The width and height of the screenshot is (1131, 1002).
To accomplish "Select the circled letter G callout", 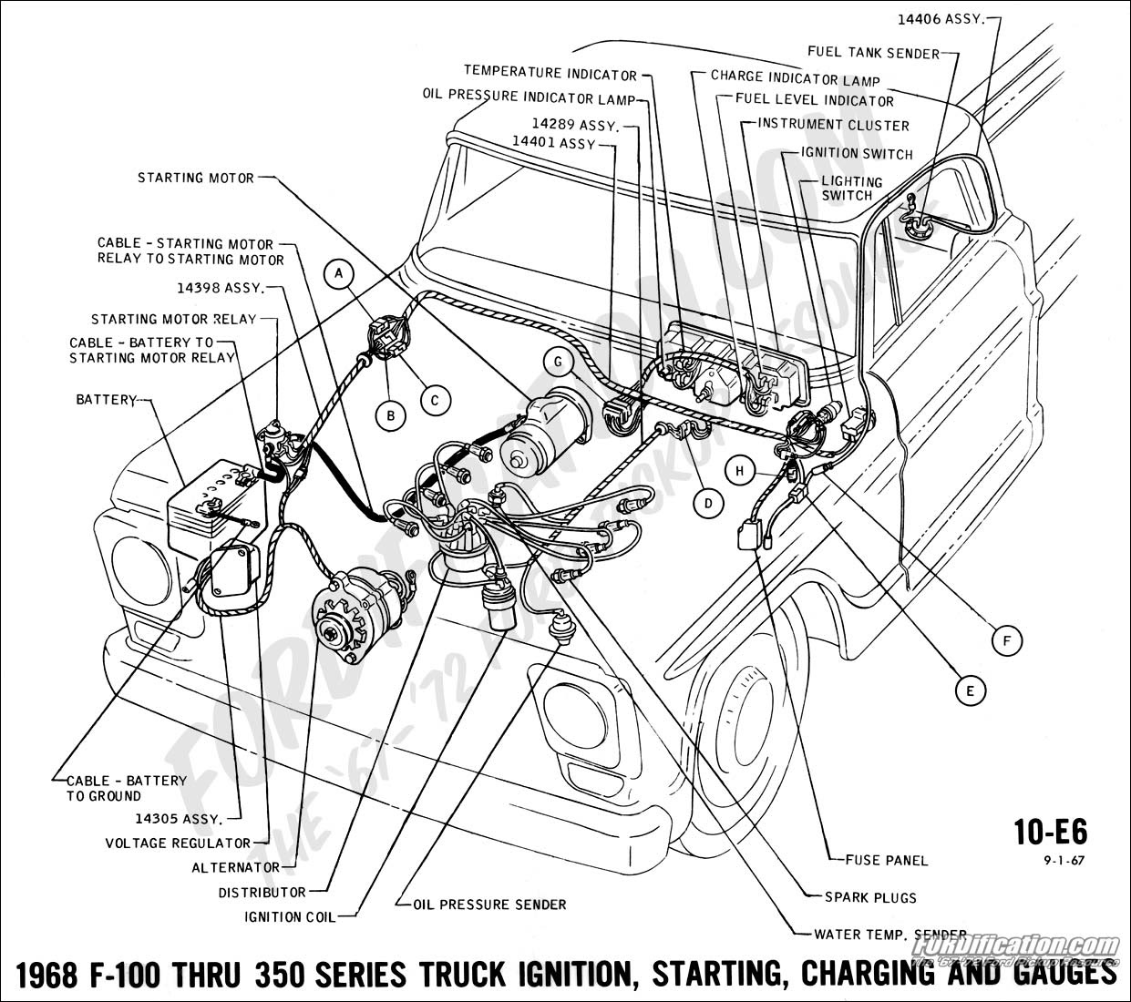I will [556, 361].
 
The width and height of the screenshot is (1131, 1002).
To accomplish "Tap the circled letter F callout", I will [1006, 641].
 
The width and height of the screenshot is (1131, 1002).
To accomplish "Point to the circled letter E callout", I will [970, 690].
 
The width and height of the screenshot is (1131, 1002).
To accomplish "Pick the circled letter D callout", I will [707, 502].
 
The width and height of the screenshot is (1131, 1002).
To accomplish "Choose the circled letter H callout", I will [741, 470].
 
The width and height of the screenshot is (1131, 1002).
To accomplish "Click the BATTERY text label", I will [106, 400].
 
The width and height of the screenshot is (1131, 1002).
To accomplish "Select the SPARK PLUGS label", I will [870, 897].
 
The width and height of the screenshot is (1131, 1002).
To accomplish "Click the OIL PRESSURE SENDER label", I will [489, 905].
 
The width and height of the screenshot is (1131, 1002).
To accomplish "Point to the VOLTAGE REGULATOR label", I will [178, 844].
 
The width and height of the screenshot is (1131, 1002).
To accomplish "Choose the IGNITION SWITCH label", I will [857, 154].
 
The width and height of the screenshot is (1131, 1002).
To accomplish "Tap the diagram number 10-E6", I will [1050, 833].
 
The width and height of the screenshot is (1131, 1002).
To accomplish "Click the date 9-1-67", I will [1064, 859].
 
